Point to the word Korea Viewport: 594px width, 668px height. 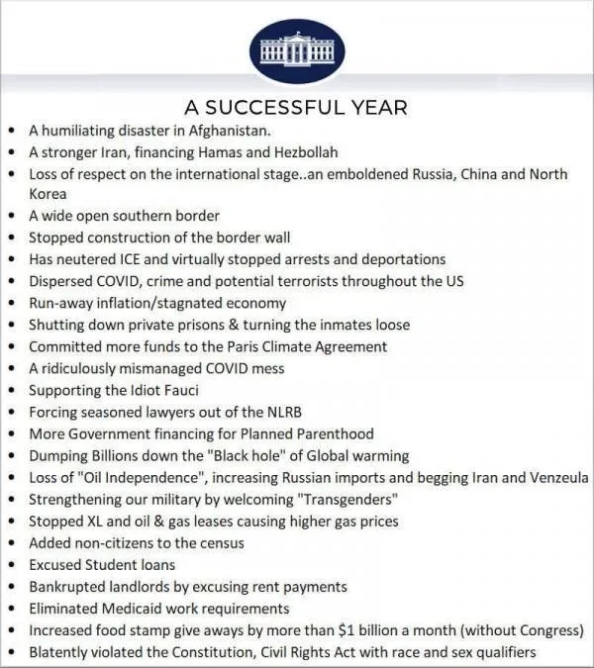click(48, 194)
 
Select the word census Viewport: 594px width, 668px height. click(220, 542)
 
